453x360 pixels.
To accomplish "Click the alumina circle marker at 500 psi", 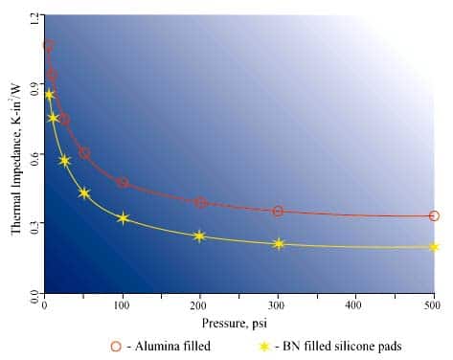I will coord(434,215).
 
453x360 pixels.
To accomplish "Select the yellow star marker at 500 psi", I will coord(434,247).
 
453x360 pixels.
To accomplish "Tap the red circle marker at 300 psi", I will coord(278,211).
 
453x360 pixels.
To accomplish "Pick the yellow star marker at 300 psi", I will coord(278,244).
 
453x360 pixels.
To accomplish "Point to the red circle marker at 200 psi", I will coord(200,203).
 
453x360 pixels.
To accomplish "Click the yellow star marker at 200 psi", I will coord(199,236).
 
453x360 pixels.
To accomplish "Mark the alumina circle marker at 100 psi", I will coord(123,183).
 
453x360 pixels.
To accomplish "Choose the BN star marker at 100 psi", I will coord(123,218).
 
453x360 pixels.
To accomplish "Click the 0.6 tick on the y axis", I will coord(35,156).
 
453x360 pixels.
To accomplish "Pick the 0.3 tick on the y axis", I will coord(35,225).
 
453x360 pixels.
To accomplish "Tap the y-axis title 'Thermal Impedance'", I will coord(16,153).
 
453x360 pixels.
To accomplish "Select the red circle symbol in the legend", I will coord(116,346).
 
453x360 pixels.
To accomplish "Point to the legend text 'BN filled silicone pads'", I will coord(342,346).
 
